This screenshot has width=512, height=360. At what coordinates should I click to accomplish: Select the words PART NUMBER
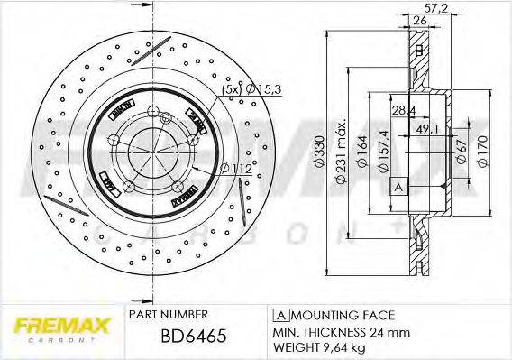click(x=169, y=314)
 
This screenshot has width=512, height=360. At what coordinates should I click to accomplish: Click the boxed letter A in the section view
click(x=397, y=187)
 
